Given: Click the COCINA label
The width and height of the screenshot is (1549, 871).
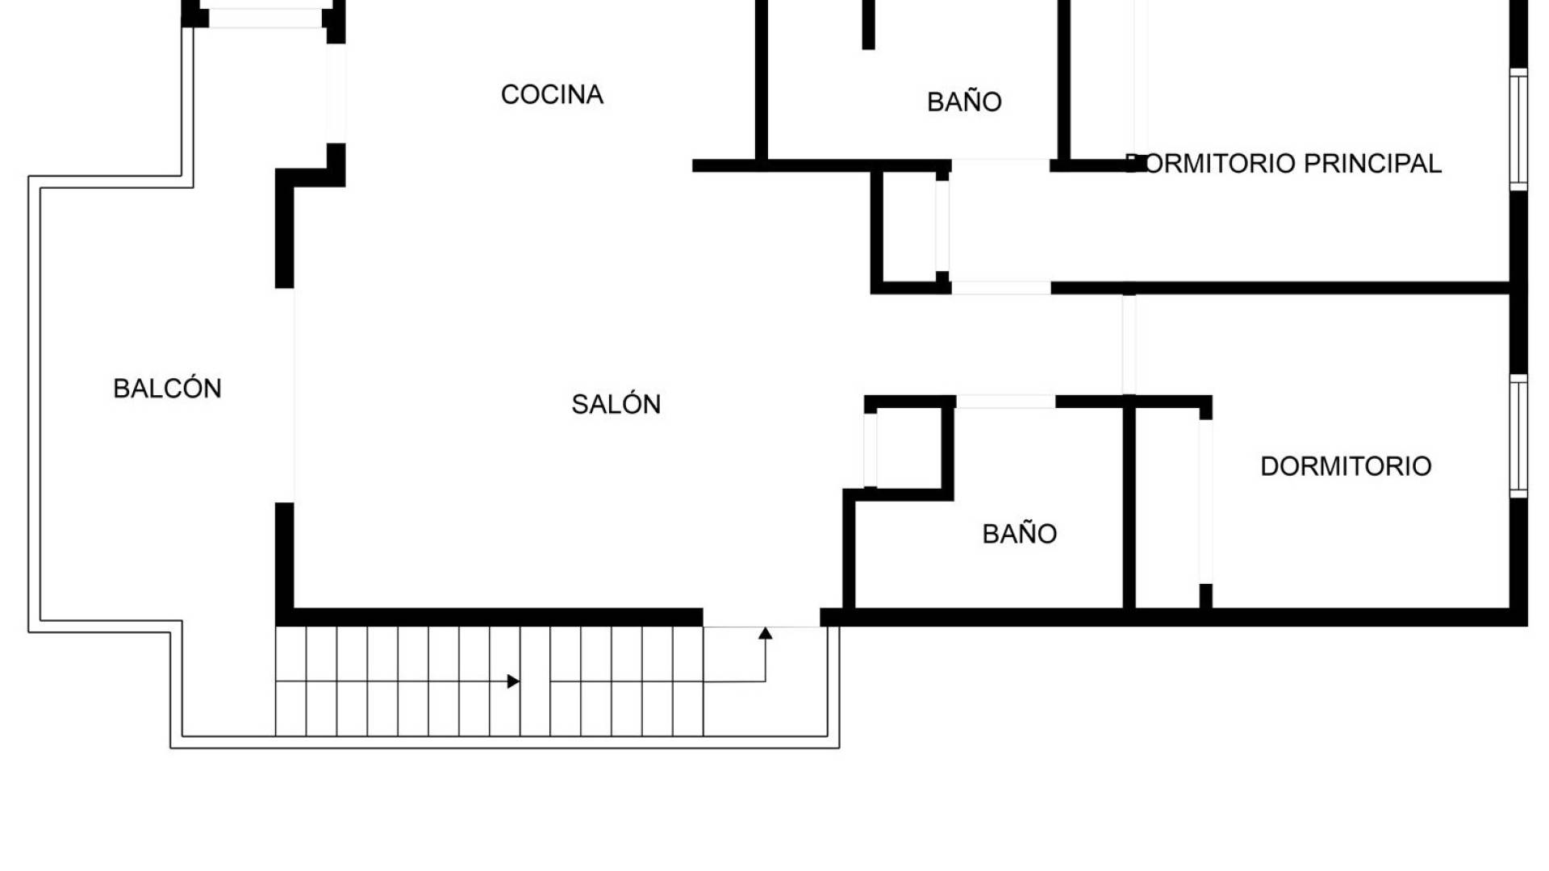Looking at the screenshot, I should click(552, 94).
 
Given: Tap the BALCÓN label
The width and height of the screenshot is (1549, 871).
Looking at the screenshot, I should click(167, 389).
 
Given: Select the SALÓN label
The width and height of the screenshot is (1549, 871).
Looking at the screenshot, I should click(616, 404).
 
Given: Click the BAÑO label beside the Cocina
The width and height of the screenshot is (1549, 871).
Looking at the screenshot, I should click(964, 102).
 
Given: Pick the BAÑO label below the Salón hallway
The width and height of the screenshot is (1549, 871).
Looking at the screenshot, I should click(1019, 534).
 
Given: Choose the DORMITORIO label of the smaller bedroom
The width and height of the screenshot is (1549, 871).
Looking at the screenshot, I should click(1346, 466).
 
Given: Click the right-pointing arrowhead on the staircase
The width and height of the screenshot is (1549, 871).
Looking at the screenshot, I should click(513, 681).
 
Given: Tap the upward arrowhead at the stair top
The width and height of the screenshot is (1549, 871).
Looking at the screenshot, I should click(766, 633).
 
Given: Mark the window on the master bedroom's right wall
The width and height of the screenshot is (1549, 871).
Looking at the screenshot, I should click(1518, 129).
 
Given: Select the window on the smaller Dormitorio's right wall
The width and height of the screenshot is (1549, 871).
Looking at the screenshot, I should click(1518, 435).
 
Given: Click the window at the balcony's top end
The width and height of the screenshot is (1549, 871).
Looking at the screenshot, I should click(265, 18).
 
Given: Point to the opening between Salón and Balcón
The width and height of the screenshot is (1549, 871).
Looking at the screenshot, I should click(285, 395).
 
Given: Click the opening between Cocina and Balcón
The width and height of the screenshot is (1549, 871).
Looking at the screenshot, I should click(336, 93).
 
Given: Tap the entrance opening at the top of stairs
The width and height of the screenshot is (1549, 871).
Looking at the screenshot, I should click(762, 619).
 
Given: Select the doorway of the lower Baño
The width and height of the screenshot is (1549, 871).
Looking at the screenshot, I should click(1005, 402).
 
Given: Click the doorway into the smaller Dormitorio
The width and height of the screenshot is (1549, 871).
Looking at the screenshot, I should click(1129, 344).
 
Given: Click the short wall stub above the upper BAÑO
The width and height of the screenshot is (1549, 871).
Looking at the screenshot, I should click(868, 24).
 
